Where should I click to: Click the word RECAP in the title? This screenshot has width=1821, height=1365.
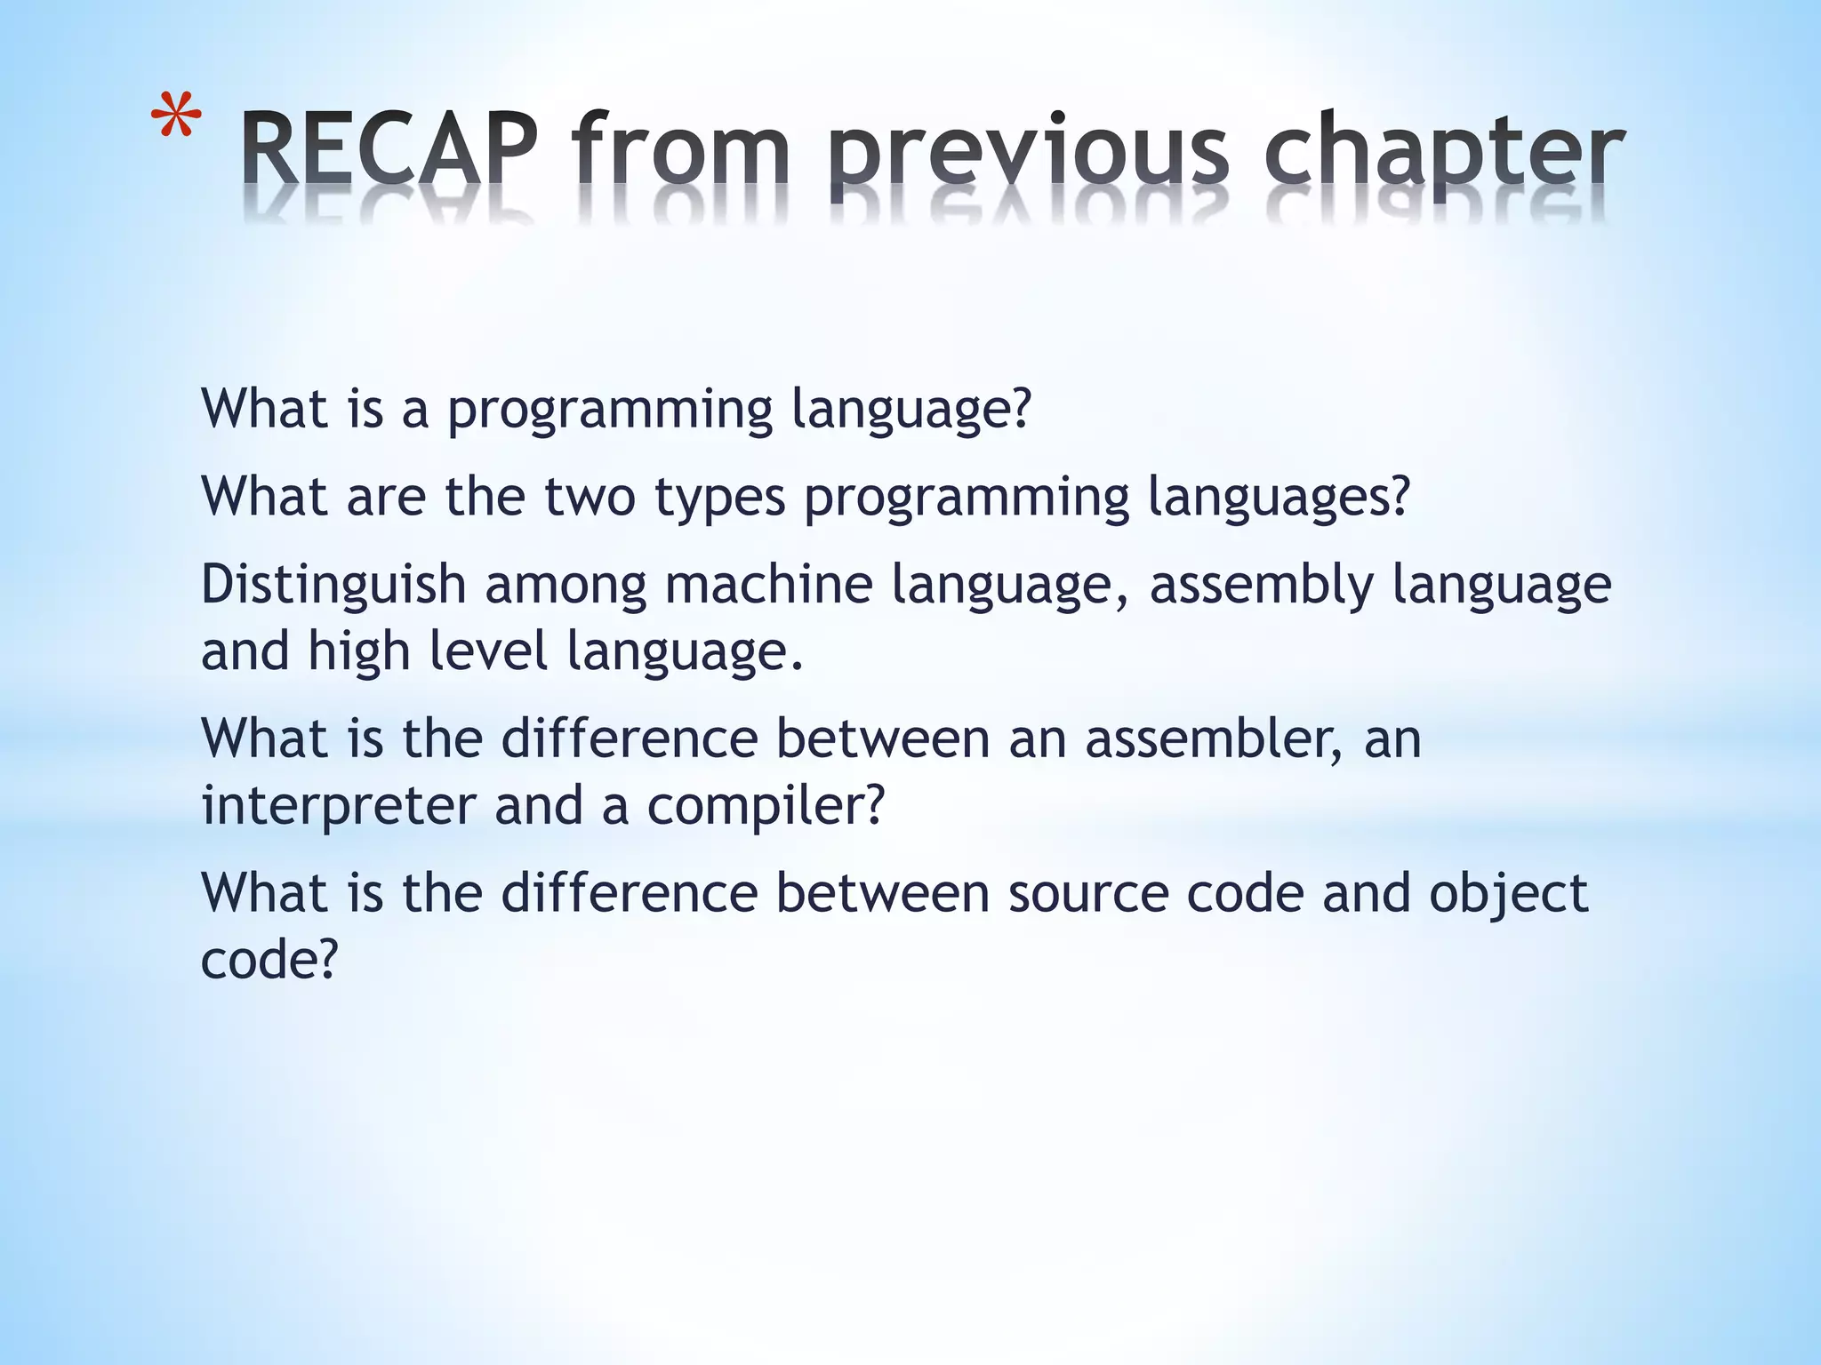tap(389, 148)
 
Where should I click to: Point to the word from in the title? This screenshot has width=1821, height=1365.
tap(681, 148)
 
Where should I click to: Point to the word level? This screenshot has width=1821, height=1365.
tap(488, 651)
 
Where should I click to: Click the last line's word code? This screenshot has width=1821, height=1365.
tap(269, 960)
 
